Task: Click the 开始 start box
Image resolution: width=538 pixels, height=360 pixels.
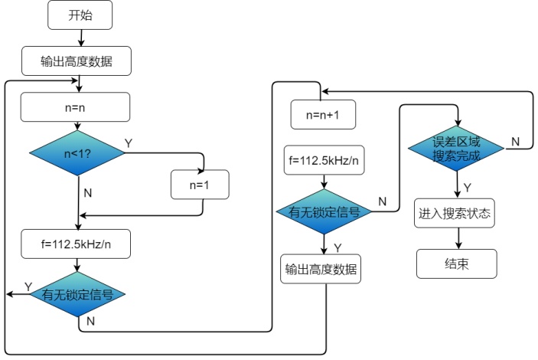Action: click(x=80, y=15)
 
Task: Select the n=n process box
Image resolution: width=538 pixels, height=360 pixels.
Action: click(x=76, y=107)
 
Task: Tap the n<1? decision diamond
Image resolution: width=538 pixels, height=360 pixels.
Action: click(x=77, y=154)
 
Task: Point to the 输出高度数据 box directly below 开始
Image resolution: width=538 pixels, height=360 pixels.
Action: click(x=76, y=61)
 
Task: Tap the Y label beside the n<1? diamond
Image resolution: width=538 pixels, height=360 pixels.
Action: click(x=128, y=142)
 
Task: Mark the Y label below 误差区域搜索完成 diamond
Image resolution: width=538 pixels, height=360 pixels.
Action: click(x=468, y=187)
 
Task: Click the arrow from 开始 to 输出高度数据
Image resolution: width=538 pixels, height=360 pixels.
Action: click(x=80, y=37)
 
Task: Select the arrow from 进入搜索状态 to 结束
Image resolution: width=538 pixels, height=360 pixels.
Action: click(x=457, y=238)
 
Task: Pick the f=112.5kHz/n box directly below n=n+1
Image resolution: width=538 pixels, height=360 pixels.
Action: click(x=324, y=161)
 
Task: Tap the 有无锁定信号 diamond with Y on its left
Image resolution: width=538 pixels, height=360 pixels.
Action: click(x=77, y=293)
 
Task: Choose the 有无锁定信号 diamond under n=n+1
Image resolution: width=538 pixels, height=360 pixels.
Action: click(x=324, y=213)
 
